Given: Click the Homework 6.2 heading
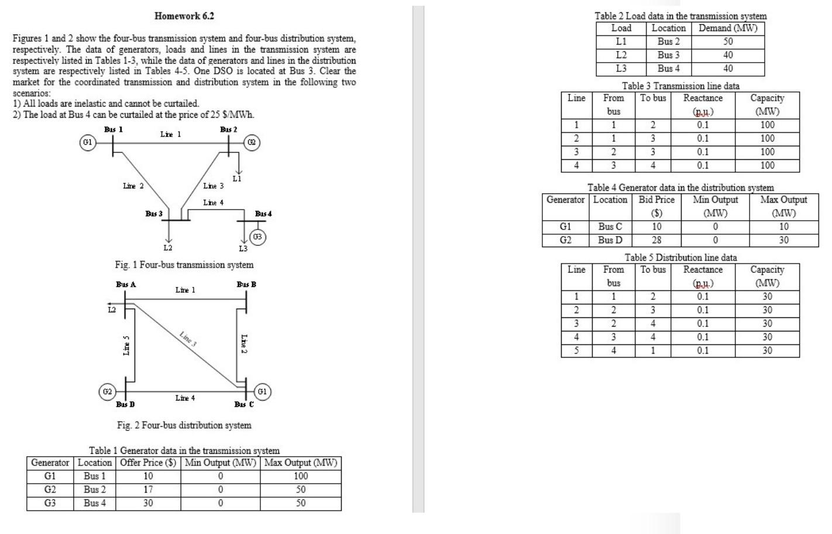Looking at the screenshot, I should pos(184,16).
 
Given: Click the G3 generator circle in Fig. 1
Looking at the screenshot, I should pos(257,237).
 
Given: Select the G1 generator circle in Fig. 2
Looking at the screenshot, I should pos(263,391).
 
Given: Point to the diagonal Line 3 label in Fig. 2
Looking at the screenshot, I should pos(188,339).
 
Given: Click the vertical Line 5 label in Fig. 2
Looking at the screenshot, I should pos(126,345).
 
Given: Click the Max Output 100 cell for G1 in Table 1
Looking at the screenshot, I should pos(300,476).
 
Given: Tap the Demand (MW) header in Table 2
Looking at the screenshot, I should pos(728,28).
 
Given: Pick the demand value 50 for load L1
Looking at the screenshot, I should pos(728,42).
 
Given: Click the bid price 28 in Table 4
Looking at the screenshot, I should pos(656,240).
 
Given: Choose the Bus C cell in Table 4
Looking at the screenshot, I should pos(610,227).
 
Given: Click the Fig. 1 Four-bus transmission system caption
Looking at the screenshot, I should pos(184,265).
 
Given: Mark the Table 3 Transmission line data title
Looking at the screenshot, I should pos(680,86).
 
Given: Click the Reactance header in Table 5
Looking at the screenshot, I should pos(703,270).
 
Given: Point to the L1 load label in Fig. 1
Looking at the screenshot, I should pos(237,179).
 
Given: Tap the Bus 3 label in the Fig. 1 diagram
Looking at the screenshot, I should pos(154,214).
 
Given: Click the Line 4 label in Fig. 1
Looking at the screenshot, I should pos(213,203).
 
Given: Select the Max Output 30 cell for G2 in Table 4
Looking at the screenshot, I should pos(783,240).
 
